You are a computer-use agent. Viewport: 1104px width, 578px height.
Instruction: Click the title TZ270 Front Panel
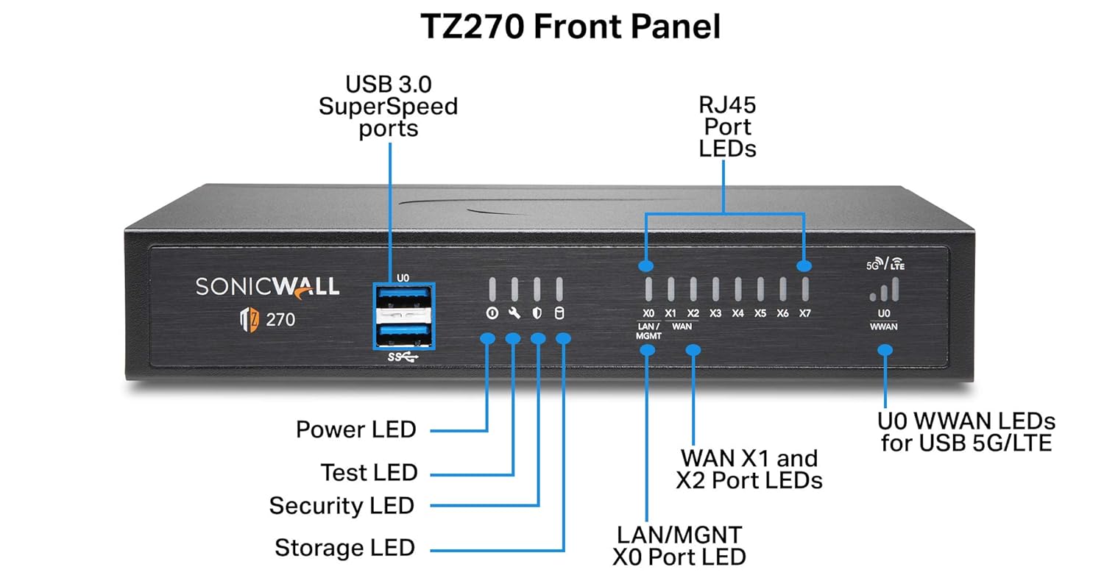coord(570,27)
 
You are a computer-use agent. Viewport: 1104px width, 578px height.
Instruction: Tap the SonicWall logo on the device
coord(268,286)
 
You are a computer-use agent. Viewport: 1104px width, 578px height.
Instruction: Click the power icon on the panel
coord(491,313)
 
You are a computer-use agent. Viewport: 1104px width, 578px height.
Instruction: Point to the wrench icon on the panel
coord(514,313)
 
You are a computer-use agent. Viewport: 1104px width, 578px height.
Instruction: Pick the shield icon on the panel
coord(537,313)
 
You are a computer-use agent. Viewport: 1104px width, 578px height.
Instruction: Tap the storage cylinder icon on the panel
coord(559,313)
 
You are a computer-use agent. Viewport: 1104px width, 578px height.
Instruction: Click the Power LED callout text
coord(355,429)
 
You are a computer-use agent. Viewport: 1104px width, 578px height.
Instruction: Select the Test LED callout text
coord(369,472)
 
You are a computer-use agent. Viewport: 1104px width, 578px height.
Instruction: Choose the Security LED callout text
coord(342,506)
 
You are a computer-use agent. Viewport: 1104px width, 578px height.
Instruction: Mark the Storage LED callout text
coord(344,548)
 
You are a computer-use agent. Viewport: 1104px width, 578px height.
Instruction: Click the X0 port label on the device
coord(648,313)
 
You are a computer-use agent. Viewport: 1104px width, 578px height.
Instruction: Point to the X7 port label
coord(805,313)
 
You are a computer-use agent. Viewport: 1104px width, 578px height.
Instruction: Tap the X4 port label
coord(738,313)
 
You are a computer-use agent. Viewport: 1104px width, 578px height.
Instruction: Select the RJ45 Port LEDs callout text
coord(726,126)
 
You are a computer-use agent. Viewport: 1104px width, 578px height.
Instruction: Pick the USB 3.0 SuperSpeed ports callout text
coord(388,107)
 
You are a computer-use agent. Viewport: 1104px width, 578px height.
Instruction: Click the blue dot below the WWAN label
coord(885,351)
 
